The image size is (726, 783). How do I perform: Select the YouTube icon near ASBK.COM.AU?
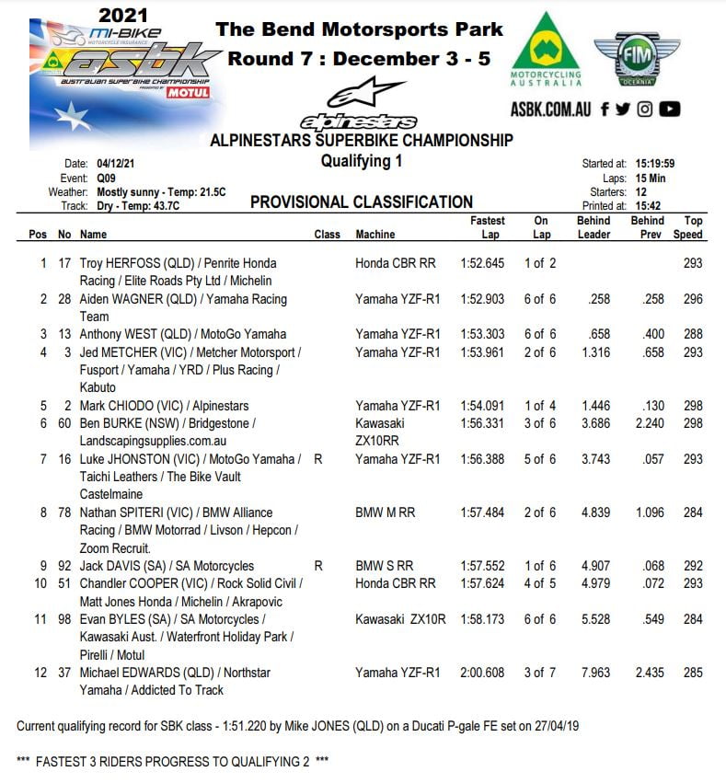(670, 109)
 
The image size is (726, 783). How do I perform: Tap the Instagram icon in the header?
(645, 109)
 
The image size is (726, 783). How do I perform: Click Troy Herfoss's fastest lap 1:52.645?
(482, 263)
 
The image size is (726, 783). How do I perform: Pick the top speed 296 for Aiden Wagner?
(693, 299)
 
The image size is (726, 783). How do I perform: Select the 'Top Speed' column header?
(693, 227)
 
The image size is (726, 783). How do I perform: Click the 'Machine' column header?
(375, 235)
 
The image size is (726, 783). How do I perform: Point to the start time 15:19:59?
(653, 164)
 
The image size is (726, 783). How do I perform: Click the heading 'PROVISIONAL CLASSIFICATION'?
(362, 202)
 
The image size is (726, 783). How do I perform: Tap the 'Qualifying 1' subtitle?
(362, 162)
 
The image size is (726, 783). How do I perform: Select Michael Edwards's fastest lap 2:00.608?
(482, 673)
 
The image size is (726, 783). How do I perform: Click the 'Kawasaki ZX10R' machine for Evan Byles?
(400, 619)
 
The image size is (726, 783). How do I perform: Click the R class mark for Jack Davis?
(318, 566)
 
